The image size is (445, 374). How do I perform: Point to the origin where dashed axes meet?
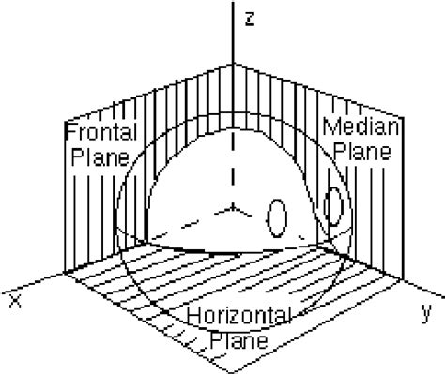tap(231, 203)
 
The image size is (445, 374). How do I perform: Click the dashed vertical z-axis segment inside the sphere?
tap(231, 159)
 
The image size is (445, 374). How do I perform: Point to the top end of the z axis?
tap(231, 5)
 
